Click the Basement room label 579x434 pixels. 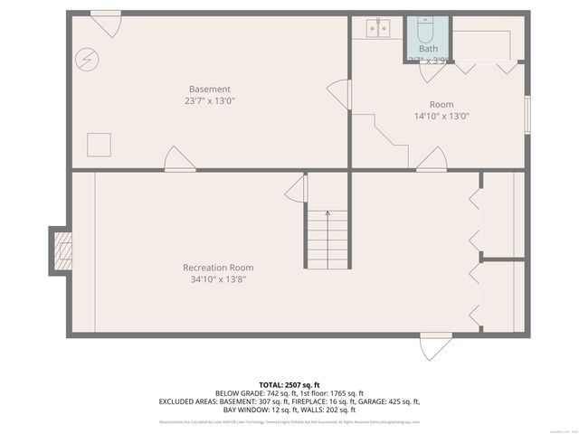pyautogui.click(x=209, y=89)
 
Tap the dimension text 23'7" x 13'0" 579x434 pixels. pyautogui.click(x=209, y=101)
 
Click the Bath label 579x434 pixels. pyautogui.click(x=427, y=49)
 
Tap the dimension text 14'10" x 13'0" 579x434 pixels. pyautogui.click(x=441, y=116)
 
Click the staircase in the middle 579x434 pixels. pyautogui.click(x=327, y=239)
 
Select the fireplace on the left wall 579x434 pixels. pyautogui.click(x=61, y=249)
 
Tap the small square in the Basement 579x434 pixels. pyautogui.click(x=98, y=143)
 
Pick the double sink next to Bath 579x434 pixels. pyautogui.click(x=378, y=29)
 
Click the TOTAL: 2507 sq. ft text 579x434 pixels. pyautogui.click(x=289, y=384)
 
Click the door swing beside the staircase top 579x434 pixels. pyautogui.click(x=297, y=189)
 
